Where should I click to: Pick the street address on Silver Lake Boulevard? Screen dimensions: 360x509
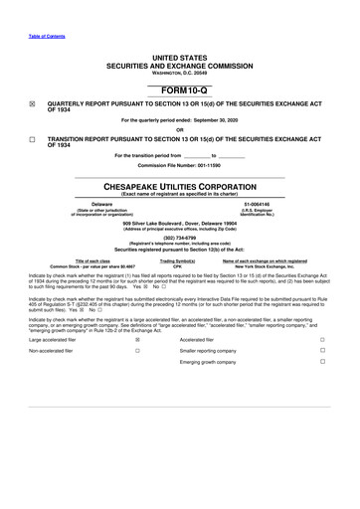[179, 224]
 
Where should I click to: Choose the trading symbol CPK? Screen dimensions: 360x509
[179, 266]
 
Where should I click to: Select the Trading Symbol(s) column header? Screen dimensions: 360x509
[179, 260]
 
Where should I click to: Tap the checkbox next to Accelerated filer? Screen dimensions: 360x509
[322, 338]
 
